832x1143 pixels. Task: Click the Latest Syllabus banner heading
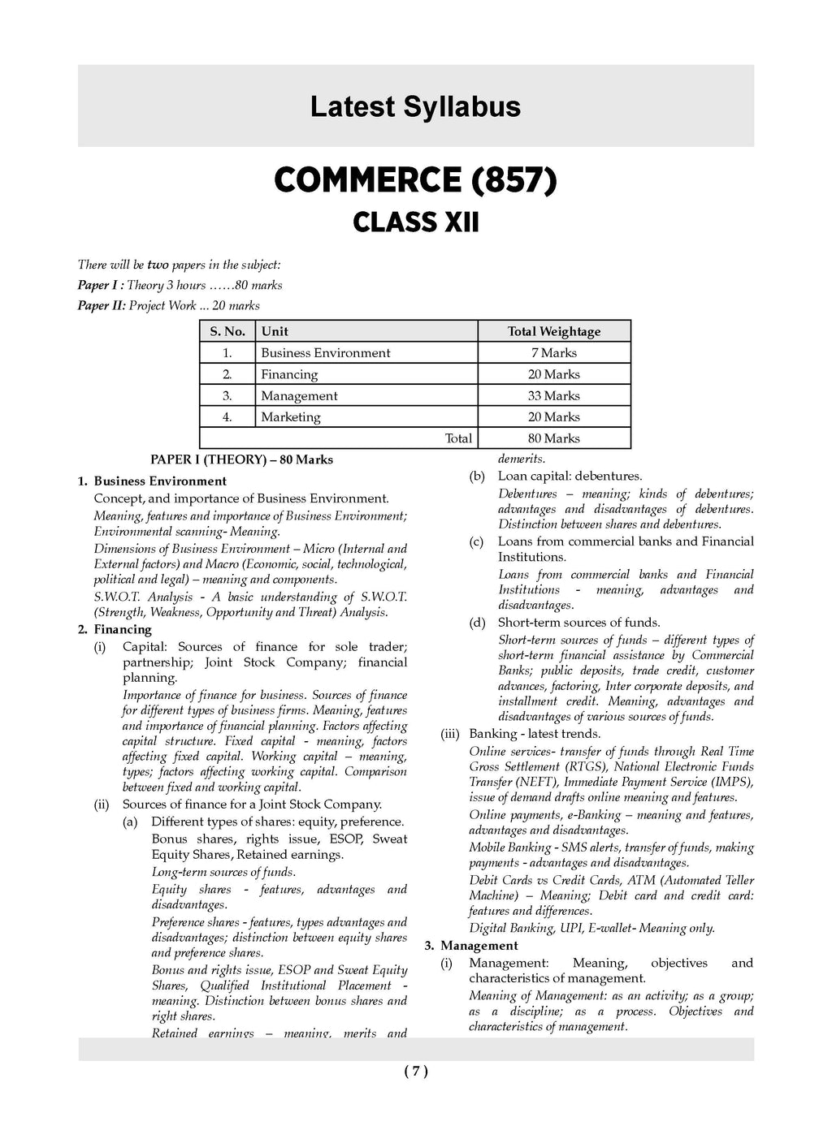(415, 107)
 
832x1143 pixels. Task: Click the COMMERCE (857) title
(415, 180)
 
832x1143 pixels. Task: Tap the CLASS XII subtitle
(415, 222)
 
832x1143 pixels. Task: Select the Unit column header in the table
(275, 331)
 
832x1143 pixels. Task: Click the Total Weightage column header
(553, 331)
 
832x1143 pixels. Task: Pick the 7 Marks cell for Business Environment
(553, 353)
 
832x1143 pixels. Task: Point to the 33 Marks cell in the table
(553, 396)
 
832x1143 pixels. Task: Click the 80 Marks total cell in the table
(553, 438)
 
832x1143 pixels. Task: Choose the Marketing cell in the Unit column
(291, 417)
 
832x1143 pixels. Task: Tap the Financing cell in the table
(289, 374)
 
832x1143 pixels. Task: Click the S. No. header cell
(227, 331)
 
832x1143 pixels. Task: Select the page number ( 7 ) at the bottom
(415, 1072)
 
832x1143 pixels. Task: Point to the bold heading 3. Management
(471, 946)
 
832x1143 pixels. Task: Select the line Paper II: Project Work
(169, 306)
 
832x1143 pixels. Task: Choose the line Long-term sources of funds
(223, 872)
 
